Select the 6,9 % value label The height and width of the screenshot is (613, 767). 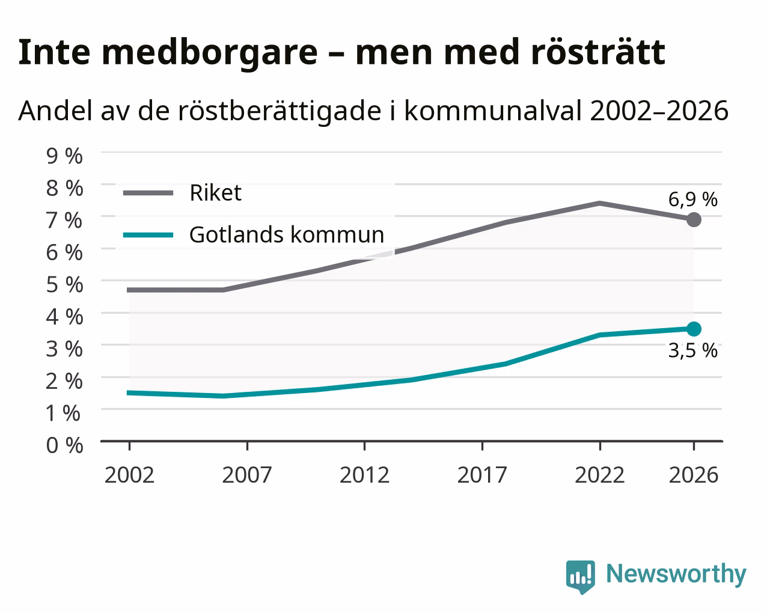point(692,199)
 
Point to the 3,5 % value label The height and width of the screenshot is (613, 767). point(692,350)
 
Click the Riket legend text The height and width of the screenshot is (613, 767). point(216,193)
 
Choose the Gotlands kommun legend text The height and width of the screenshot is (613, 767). point(287,234)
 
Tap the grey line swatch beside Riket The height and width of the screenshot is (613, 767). point(148,193)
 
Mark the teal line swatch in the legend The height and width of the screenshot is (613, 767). point(148,235)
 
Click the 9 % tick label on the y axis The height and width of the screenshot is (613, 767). point(64,156)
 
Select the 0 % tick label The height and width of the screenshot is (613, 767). point(64,445)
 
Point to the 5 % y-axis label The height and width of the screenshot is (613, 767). point(64,284)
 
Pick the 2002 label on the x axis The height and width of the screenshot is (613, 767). point(129,475)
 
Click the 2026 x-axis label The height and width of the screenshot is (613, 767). point(693,475)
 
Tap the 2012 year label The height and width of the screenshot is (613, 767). point(364,475)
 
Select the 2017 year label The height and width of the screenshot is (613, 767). point(482,475)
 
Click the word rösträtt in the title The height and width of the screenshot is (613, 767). point(597,52)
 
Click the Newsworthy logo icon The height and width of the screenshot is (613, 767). point(581,577)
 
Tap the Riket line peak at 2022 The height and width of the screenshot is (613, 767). point(600,203)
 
